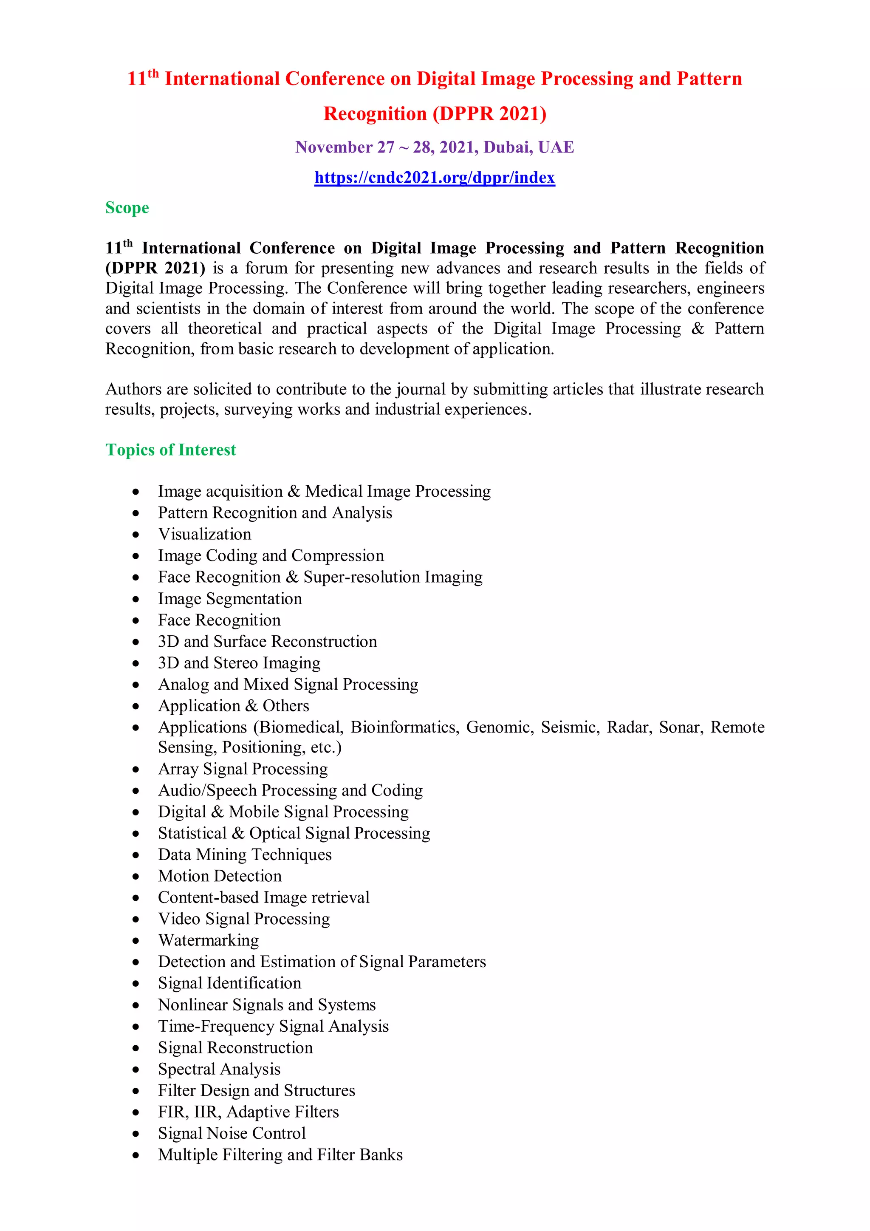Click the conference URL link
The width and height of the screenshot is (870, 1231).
[434, 178]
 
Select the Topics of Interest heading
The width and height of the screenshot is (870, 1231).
[170, 450]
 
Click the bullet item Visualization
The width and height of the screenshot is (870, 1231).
[204, 534]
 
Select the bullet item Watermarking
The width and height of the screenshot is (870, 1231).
[208, 940]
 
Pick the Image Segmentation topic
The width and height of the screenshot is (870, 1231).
[229, 598]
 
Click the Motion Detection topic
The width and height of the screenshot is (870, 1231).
[219, 875]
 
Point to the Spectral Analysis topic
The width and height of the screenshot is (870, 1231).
[219, 1069]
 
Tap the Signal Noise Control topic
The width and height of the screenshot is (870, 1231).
[232, 1133]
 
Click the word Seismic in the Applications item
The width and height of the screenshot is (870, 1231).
[570, 727]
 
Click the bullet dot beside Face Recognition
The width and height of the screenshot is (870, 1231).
[136, 620]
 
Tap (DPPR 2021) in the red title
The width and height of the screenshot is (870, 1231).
[489, 113]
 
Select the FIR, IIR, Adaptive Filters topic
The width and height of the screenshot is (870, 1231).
[248, 1112]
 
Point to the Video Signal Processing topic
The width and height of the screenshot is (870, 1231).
[243, 918]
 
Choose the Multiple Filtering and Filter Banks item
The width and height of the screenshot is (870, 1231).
[280, 1155]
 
